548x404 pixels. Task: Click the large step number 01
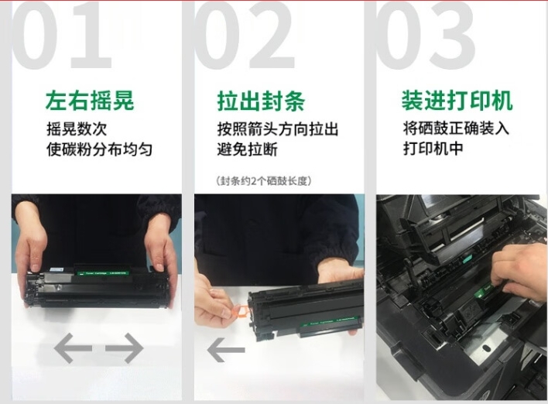pos(62,34)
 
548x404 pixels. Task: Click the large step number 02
pos(245,34)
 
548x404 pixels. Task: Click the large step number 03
pos(426,34)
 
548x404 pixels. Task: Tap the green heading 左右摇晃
pos(90,101)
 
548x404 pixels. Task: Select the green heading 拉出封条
pos(261,101)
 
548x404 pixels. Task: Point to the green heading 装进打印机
pos(457,101)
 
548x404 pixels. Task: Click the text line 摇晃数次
pos(77,128)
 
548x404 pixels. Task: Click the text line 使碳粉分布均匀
pos(99,149)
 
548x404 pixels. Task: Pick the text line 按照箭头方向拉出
pos(278,129)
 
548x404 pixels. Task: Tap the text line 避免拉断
pos(248,149)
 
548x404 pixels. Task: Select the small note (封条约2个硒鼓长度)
pos(263,180)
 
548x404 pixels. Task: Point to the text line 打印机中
pos(433,148)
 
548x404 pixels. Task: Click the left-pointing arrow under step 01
pos(73,348)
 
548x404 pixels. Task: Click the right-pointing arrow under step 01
pos(125,348)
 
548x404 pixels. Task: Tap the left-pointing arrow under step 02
pos(226,350)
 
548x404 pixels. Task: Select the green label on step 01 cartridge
pos(103,273)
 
